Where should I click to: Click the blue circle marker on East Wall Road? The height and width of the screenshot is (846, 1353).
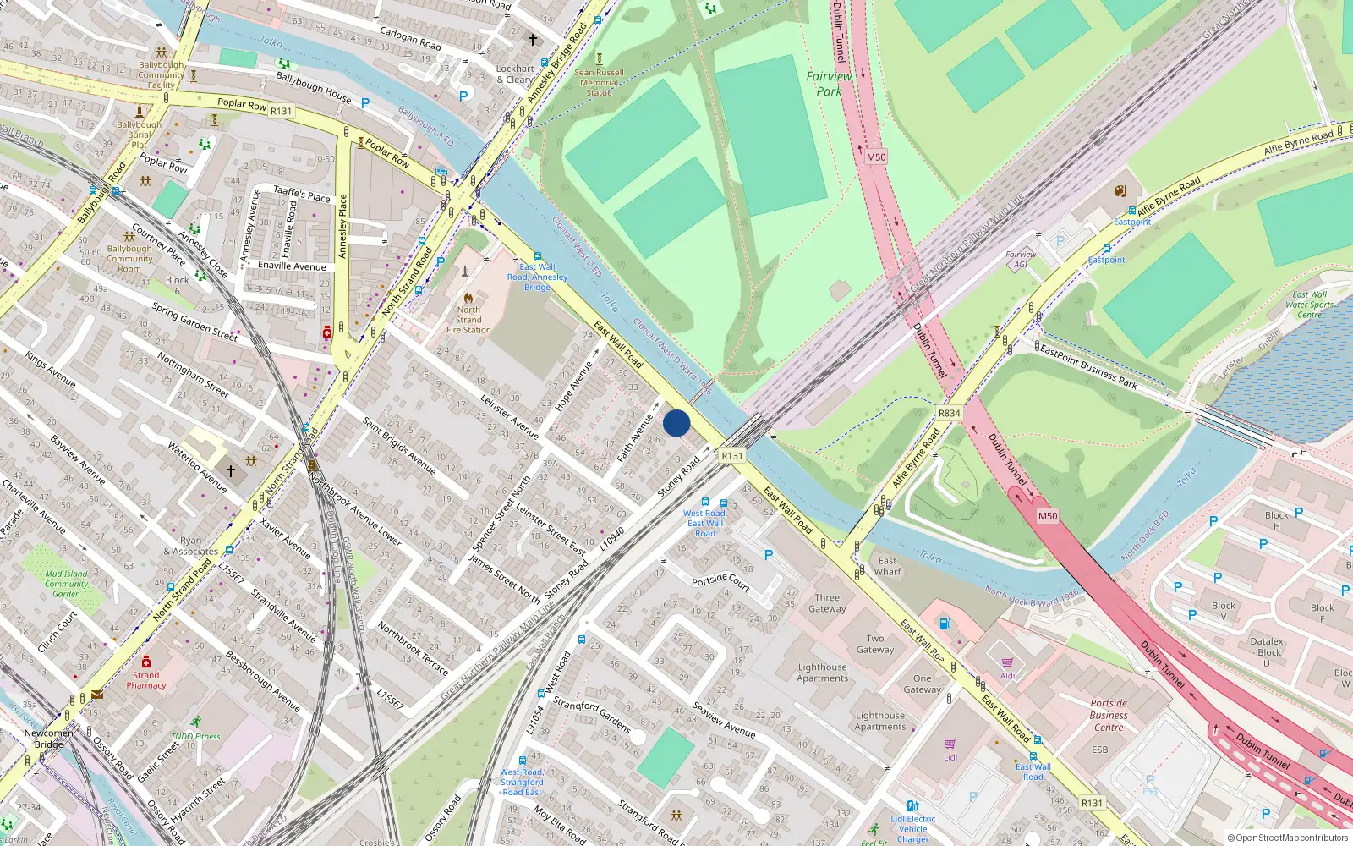tap(676, 423)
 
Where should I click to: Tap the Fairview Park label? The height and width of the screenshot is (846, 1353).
tap(829, 83)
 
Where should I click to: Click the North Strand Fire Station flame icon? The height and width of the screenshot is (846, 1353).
tap(468, 298)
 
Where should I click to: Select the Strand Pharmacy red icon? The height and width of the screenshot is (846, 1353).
tap(146, 662)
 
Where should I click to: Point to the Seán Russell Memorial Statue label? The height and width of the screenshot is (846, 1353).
tap(599, 82)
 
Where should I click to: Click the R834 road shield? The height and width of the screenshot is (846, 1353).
tap(949, 414)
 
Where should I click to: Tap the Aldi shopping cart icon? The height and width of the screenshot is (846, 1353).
tap(1007, 662)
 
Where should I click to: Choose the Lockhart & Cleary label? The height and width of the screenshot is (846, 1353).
tap(515, 74)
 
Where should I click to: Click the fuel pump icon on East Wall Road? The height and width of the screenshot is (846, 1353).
tap(945, 624)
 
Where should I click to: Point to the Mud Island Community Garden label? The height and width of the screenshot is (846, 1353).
tap(66, 584)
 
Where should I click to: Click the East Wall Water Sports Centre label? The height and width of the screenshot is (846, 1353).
tap(1309, 305)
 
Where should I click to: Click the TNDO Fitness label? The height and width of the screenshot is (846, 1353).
tap(195, 736)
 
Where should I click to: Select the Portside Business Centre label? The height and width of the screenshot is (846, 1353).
tap(1109, 715)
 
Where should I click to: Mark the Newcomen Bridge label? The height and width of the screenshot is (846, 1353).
tap(48, 739)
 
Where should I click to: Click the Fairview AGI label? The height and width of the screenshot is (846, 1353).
tap(1021, 259)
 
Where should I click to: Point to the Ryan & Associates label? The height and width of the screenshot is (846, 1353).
tap(190, 546)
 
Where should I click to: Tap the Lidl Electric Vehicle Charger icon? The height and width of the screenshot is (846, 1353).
tap(912, 805)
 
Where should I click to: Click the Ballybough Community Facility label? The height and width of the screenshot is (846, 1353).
tap(161, 74)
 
